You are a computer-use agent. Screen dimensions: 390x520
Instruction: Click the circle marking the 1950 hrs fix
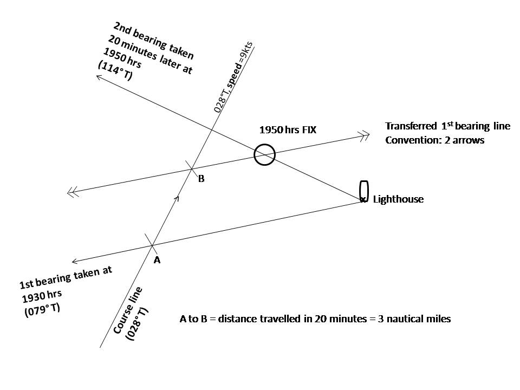pyautogui.click(x=265, y=154)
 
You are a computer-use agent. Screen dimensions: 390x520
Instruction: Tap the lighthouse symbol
pyautogui.click(x=364, y=191)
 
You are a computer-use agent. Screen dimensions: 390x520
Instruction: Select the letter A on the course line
pyautogui.click(x=157, y=260)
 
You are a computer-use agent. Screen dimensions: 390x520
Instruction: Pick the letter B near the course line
pyautogui.click(x=201, y=179)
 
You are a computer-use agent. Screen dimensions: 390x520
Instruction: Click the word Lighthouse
pyautogui.click(x=398, y=199)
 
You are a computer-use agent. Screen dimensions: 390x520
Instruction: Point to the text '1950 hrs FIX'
pyautogui.click(x=288, y=130)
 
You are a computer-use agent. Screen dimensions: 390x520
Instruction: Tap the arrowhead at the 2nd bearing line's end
pyautogui.click(x=100, y=78)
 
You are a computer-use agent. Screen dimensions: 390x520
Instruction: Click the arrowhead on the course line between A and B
pyautogui.click(x=177, y=199)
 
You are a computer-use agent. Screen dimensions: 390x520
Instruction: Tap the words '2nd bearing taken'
pyautogui.click(x=154, y=41)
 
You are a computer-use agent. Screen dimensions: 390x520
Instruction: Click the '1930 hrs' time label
pyautogui.click(x=41, y=297)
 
